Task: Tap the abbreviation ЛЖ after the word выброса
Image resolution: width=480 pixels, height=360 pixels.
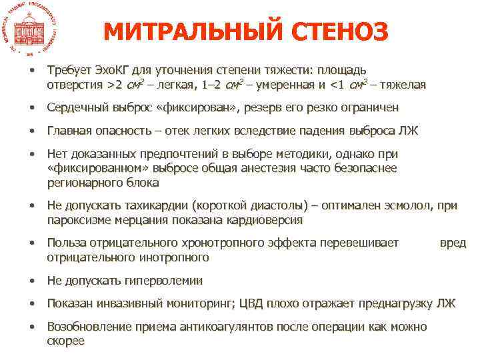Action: coord(409,131)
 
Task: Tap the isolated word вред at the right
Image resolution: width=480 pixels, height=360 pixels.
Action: coord(453,243)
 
